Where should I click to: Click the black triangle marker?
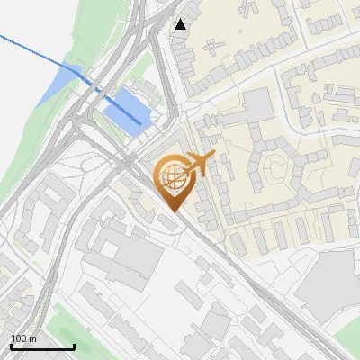point(182,24)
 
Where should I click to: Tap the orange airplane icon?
point(200,165)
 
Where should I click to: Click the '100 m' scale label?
point(23,338)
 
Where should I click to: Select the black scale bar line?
point(42,347)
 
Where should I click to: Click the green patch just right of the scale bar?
point(85,342)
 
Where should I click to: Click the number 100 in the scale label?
point(18,338)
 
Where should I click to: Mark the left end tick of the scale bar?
point(11,346)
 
